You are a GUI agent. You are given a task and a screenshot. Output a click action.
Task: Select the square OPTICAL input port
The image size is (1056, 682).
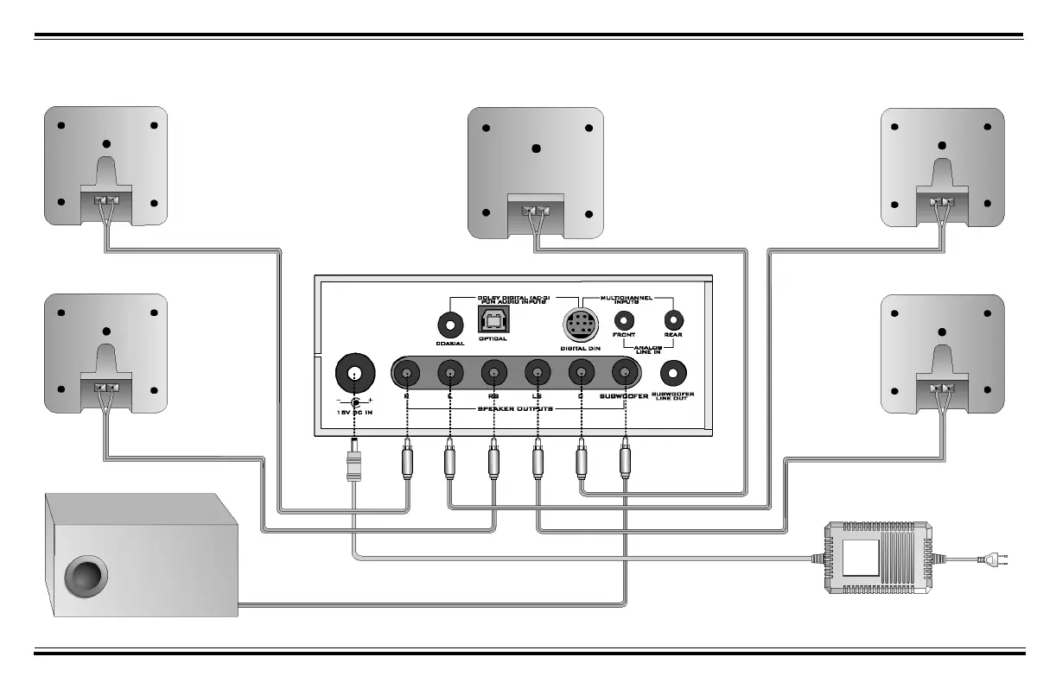[493, 321]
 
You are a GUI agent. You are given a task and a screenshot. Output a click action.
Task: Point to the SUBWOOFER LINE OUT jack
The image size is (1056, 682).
[673, 373]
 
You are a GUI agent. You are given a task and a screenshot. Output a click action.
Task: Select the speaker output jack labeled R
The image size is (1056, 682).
[406, 374]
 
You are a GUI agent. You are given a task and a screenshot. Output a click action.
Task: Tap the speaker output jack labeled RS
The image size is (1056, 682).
[493, 374]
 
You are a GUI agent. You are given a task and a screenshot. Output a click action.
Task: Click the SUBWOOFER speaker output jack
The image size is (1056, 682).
[624, 374]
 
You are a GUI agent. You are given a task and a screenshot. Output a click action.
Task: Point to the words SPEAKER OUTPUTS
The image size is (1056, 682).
[515, 408]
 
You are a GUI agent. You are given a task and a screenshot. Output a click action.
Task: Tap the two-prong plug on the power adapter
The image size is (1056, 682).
[994, 559]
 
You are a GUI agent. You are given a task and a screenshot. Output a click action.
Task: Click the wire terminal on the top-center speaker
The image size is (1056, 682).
[536, 210]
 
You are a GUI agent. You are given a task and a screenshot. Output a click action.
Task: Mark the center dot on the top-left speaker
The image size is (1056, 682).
[106, 144]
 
